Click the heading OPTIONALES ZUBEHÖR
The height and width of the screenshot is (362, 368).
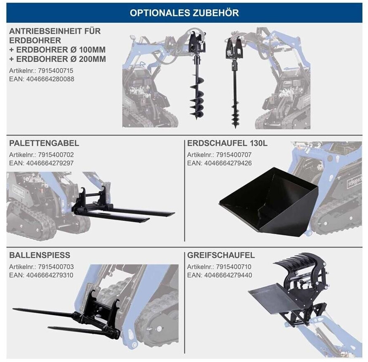184,12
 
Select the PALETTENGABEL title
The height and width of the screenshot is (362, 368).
44,144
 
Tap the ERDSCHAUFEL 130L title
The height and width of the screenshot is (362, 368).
227,144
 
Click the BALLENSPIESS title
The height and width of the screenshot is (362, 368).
40,255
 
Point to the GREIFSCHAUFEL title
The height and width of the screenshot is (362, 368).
221,255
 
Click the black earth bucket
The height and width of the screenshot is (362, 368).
269,199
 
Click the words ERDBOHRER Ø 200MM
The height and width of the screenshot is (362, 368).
57,59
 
